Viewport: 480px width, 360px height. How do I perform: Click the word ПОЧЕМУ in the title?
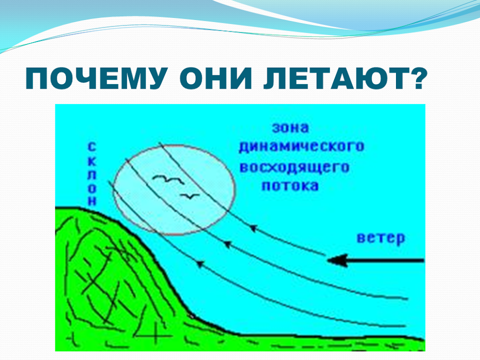[x=96, y=78]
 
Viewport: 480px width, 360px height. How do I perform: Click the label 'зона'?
[x=290, y=128]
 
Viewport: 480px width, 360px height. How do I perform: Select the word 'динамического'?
[x=302, y=146]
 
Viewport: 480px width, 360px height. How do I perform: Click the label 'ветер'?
[x=381, y=238]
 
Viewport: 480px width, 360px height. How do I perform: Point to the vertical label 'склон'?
[x=92, y=174]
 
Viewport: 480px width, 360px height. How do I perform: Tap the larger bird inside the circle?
[x=169, y=180]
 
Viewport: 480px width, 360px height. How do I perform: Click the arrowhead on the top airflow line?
[x=253, y=228]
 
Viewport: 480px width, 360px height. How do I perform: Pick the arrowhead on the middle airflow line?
[x=227, y=244]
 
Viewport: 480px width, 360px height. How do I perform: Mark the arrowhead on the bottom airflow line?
[x=200, y=264]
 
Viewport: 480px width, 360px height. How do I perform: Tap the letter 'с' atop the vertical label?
[x=92, y=146]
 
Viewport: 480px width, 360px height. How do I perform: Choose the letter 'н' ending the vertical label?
[x=92, y=201]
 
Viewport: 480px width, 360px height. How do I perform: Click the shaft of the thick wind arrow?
[x=386, y=261]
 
